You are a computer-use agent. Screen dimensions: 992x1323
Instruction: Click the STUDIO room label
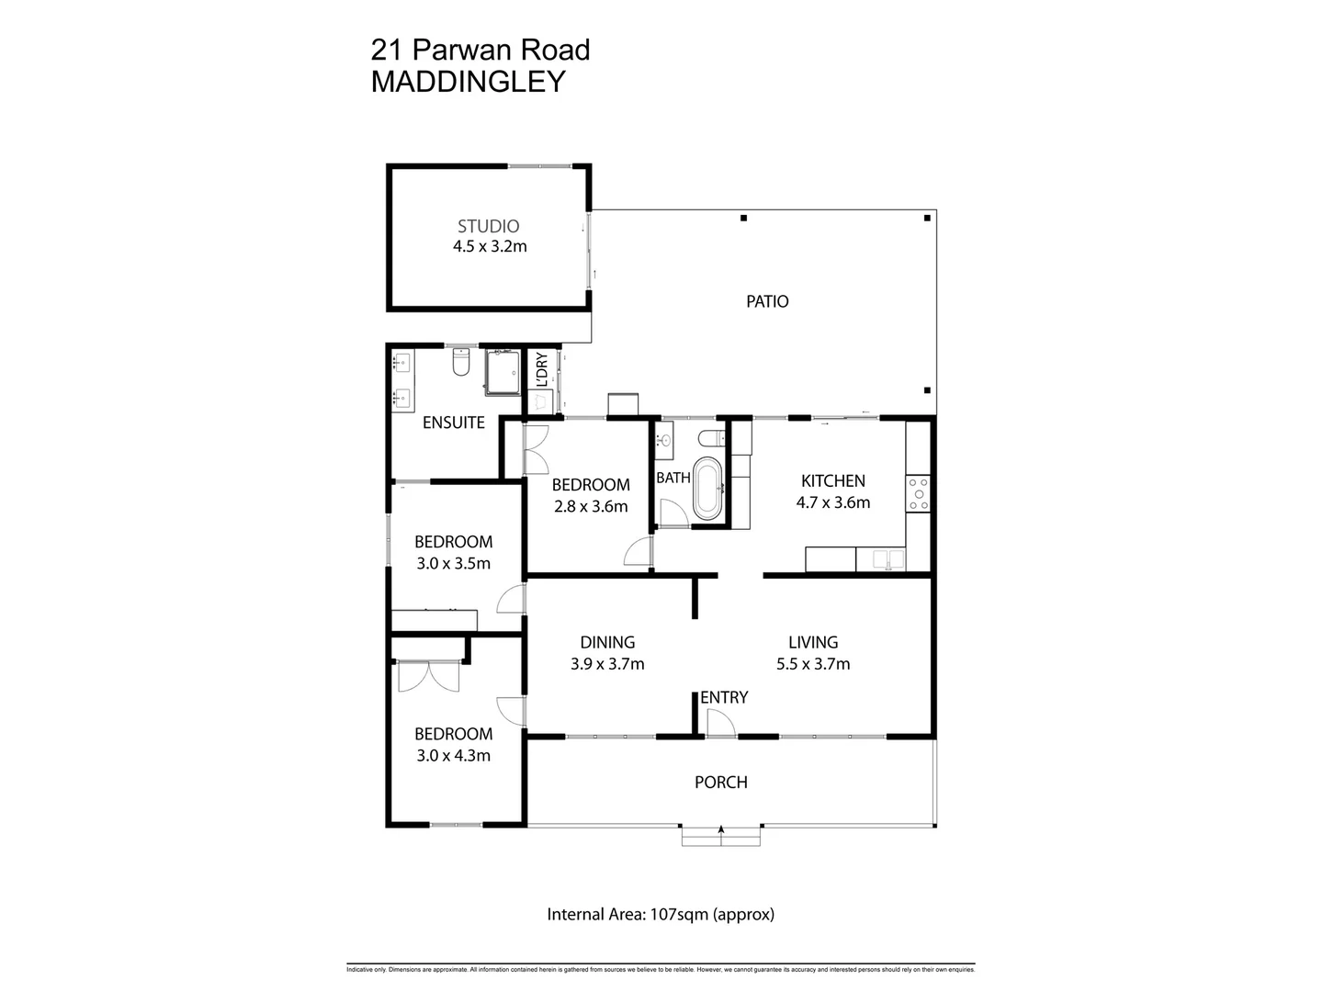[488, 226]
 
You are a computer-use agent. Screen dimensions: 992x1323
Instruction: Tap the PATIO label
[767, 301]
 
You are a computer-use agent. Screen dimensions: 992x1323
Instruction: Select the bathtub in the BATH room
[708, 488]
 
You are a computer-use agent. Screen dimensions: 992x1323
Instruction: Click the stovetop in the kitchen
[918, 493]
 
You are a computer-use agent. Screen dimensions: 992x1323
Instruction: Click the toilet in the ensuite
[461, 363]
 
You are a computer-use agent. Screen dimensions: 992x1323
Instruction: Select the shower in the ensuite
[503, 371]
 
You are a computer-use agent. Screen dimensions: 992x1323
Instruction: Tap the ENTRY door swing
[720, 724]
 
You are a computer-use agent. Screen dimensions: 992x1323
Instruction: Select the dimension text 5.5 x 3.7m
[813, 664]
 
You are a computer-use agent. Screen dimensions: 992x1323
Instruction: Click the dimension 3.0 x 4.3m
[453, 756]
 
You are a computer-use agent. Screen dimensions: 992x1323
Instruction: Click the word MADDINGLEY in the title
[468, 82]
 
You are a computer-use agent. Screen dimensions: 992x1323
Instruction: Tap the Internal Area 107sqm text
[661, 915]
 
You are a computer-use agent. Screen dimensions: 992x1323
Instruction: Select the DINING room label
[607, 642]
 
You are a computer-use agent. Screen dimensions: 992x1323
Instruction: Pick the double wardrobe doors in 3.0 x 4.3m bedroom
[428, 677]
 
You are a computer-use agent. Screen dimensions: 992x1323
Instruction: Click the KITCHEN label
[832, 480]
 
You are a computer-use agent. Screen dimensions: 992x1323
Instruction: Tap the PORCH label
[721, 783]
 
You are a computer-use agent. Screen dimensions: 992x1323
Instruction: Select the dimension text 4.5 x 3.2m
[490, 246]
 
